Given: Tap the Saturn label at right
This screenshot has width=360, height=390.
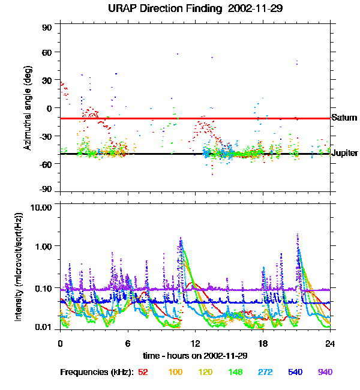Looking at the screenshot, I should (344, 118).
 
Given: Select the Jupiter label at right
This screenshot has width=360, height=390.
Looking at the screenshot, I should (345, 153).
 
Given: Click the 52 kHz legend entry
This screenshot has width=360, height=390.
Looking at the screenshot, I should (143, 372).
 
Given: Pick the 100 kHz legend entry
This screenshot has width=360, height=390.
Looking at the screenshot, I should (175, 372).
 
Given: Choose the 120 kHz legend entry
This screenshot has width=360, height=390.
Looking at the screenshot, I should (205, 372).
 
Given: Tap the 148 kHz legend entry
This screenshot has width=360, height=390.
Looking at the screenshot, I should (235, 372).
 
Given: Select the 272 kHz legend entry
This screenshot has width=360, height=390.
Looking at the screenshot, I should (265, 372).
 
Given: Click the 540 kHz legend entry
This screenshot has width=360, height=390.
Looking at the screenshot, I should (295, 372).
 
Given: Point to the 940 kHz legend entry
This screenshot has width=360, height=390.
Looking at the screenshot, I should (325, 372).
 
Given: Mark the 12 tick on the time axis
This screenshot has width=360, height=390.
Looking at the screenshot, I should (195, 344).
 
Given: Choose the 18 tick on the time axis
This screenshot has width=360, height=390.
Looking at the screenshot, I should (263, 344).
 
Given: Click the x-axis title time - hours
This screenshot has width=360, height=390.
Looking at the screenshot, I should (196, 355).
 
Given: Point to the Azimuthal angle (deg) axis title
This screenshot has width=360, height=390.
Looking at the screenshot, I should (28, 108).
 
